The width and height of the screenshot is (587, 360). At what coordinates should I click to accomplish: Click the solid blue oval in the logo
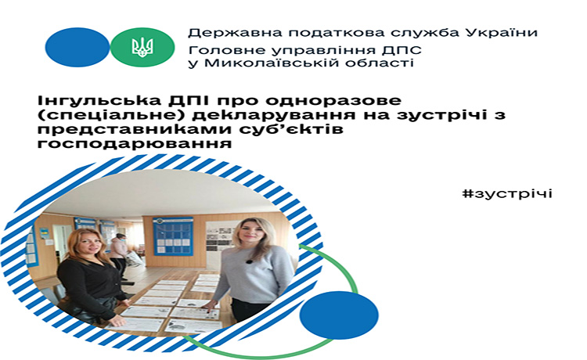click(77, 48)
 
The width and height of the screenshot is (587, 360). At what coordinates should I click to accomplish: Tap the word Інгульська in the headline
click(95, 102)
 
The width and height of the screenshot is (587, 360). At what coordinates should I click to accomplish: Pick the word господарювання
click(135, 144)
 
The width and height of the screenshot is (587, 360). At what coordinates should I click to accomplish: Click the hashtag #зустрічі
click(507, 194)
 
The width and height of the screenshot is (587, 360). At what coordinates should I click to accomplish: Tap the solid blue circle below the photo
click(339, 315)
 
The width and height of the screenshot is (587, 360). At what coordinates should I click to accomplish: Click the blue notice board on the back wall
click(173, 236)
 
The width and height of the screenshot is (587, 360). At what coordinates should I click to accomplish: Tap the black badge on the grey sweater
click(248, 261)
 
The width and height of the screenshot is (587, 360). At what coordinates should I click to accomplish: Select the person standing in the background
click(118, 250)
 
